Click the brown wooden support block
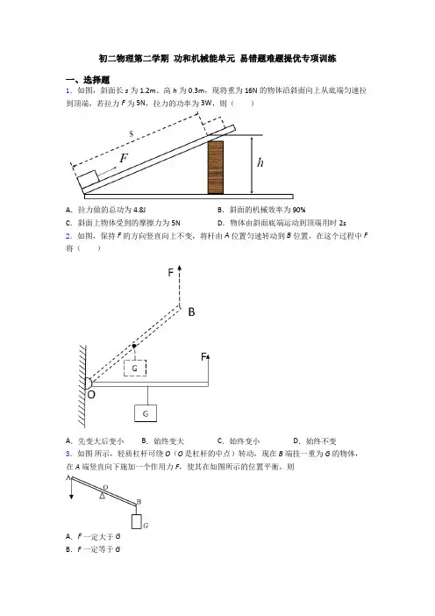tap(216, 167)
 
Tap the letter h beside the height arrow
tap(260, 162)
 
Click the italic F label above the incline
tap(124, 158)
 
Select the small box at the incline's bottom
tap(88, 180)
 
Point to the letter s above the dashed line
tap(132, 133)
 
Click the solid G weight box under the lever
tap(146, 413)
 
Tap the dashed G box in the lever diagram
tap(135, 368)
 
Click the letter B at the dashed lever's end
tap(191, 312)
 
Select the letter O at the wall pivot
tap(91, 394)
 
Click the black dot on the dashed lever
tap(134, 346)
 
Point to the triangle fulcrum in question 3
tap(102, 495)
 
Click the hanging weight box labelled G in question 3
tap(136, 521)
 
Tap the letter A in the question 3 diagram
tap(68, 477)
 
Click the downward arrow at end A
tap(71, 490)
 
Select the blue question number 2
tap(68, 236)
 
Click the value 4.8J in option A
tap(139, 210)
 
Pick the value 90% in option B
tap(299, 210)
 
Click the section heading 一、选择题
tap(88, 80)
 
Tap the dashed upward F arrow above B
tap(180, 286)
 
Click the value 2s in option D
tap(343, 223)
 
